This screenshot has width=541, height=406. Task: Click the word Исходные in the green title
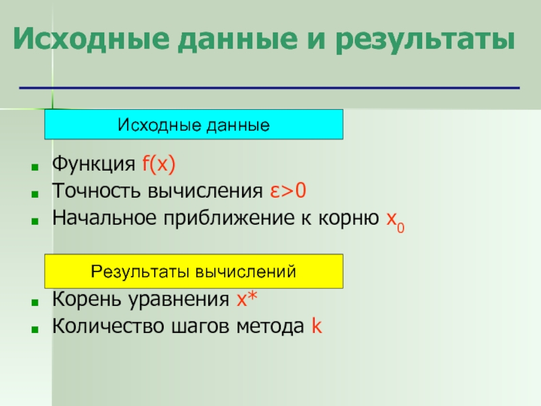coord(91,39)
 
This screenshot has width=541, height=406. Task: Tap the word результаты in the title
coord(425,40)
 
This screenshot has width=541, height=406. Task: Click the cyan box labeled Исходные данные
coord(193,125)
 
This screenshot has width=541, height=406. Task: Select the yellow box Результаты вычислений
coord(193,271)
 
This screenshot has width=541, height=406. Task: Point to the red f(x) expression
coord(159,164)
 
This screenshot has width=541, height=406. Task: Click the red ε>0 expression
coord(288,191)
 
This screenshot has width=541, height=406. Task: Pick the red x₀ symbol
coord(396,221)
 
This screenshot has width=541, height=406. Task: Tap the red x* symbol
coord(247,298)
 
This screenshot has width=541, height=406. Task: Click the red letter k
coord(316,325)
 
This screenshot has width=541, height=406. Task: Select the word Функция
coord(93,164)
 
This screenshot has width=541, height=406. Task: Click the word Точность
coord(97,191)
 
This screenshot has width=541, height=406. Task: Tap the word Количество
coord(108,326)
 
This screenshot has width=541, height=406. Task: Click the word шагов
coord(200,327)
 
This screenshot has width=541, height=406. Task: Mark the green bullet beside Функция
coord(34,167)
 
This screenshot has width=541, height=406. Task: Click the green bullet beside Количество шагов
coord(34,330)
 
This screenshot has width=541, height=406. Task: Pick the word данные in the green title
coord(237,40)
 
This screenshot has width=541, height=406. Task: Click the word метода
coord(270,327)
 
